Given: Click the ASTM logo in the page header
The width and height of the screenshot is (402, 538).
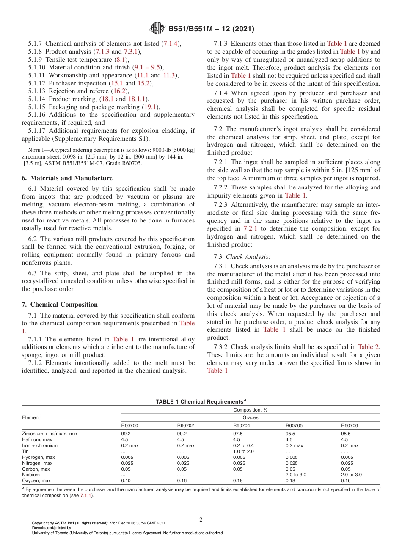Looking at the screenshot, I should pos(157,29).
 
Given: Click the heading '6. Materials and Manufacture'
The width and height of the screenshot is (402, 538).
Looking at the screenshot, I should pos(67,178).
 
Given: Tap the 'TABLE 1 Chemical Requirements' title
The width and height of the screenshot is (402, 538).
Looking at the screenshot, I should pos(201,402).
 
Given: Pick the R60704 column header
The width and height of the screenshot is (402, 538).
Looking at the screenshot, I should pos(242,425).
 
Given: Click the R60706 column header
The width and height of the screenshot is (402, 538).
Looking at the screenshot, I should pos(350,425).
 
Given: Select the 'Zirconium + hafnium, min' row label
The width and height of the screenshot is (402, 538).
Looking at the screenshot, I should pos(50,434).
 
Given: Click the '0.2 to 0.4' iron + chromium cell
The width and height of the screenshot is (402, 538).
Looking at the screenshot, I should pos(243,445).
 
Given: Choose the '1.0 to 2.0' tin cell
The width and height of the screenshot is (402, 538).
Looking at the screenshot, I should pos(243,451).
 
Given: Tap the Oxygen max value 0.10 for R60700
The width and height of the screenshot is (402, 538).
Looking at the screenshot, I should pos(126,480).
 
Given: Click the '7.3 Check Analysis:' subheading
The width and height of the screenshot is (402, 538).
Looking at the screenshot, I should pos(242,257).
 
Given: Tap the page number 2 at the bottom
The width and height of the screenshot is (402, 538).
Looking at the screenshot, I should pos(201,519).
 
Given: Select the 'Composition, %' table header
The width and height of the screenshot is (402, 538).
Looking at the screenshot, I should pos(251,410).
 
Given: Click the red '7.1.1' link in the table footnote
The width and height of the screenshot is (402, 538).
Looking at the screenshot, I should pos(87,495).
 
